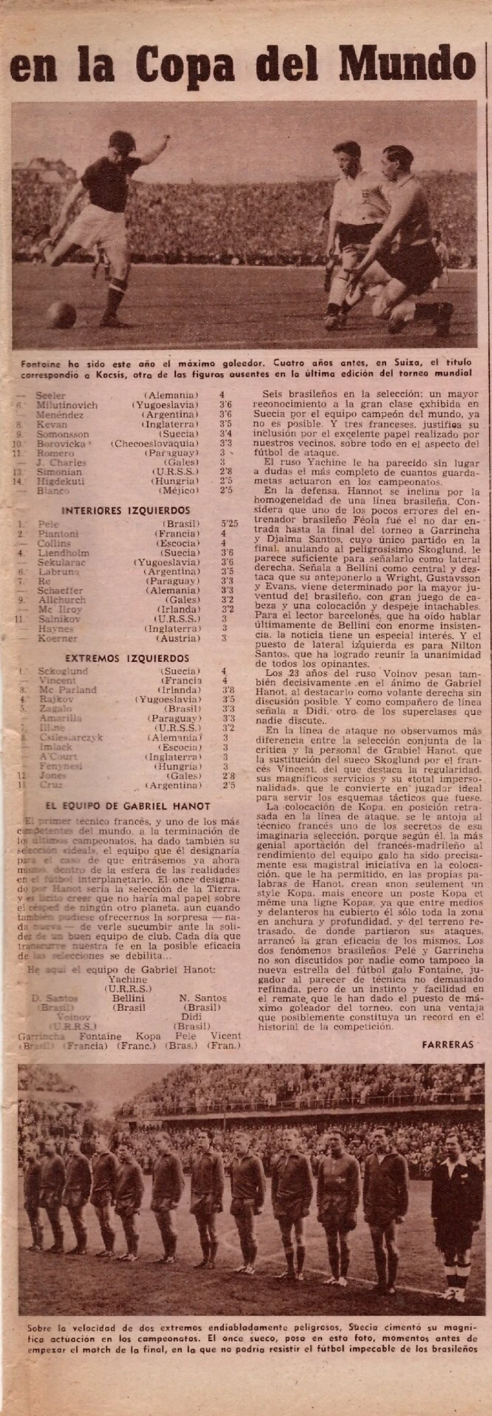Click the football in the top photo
coord(62,314)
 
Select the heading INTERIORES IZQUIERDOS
coord(123,510)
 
